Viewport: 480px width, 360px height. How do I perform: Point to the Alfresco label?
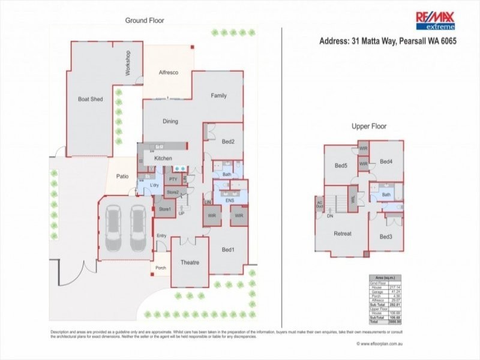click(169, 73)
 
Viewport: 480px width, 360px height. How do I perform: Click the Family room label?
click(218, 95)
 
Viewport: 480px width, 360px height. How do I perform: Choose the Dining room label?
click(170, 122)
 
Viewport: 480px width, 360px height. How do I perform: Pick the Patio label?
click(122, 176)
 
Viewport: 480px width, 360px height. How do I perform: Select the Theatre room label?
click(190, 263)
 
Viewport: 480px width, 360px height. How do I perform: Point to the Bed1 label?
click(229, 250)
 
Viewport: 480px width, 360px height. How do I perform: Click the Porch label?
click(161, 268)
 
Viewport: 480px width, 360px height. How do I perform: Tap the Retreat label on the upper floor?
click(343, 233)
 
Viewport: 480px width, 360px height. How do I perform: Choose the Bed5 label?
click(341, 166)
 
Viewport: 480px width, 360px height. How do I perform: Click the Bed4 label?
click(386, 161)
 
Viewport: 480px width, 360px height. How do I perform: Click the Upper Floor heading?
click(369, 127)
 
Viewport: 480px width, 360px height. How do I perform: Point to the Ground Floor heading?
click(145, 20)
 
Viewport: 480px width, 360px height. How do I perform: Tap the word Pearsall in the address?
click(408, 42)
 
